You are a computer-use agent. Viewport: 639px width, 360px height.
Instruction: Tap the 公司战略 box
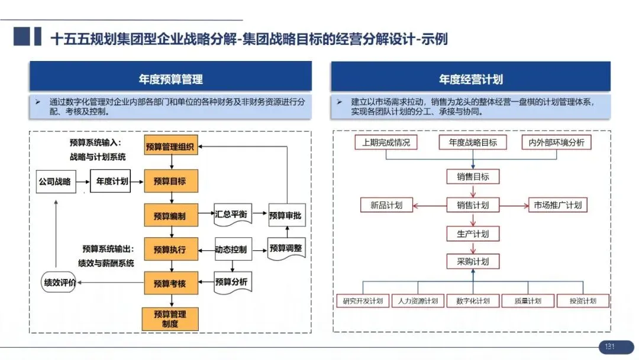(54, 181)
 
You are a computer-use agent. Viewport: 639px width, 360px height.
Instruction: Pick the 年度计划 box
(112, 181)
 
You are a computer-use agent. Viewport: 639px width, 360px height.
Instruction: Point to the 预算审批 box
(285, 216)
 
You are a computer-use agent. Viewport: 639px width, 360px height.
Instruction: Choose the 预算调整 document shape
(285, 249)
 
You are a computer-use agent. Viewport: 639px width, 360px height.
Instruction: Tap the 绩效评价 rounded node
(59, 282)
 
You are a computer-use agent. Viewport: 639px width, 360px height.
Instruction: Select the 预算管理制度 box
(170, 319)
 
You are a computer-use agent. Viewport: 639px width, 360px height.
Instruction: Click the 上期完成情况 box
(386, 143)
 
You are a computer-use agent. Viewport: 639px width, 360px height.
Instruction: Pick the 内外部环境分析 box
(556, 143)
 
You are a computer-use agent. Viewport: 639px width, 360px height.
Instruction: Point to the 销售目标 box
(473, 176)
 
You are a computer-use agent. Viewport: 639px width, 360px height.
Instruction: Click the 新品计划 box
(386, 205)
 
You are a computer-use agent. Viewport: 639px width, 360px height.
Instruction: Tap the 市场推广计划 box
(557, 205)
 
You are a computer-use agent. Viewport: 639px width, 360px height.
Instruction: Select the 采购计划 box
(473, 261)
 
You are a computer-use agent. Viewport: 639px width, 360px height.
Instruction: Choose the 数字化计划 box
(473, 301)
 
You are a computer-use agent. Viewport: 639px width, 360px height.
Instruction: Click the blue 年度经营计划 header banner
(470, 79)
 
